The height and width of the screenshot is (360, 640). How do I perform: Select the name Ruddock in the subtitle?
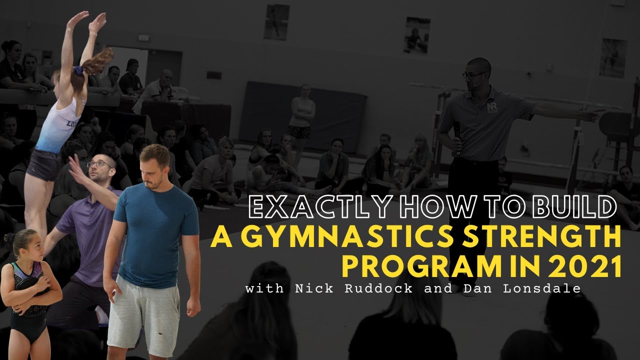[378, 288]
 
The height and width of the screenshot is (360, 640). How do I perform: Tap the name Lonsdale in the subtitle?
[542, 288]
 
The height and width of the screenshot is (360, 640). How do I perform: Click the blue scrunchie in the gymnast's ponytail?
[78, 70]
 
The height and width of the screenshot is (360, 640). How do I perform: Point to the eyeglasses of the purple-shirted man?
[99, 164]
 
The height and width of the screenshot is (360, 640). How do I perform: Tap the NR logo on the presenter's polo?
[492, 107]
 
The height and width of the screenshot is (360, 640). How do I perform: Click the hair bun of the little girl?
[9, 238]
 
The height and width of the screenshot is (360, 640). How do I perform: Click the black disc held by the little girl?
[30, 288]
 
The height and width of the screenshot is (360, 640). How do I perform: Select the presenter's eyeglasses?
[473, 75]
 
